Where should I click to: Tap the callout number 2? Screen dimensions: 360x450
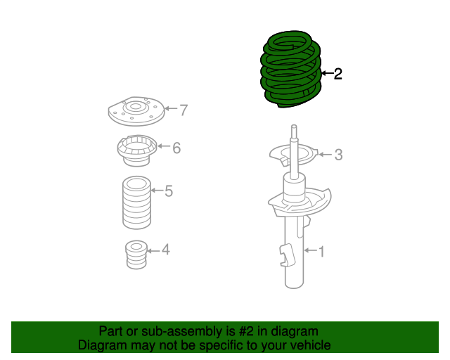(337, 74)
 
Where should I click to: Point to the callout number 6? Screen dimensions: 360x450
(176, 148)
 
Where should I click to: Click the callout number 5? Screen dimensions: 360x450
(168, 191)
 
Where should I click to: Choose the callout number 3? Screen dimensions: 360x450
(338, 155)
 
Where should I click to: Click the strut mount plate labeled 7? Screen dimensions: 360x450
(134, 111)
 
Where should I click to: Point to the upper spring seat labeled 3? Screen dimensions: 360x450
(295, 155)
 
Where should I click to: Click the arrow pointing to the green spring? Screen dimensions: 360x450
(326, 73)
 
